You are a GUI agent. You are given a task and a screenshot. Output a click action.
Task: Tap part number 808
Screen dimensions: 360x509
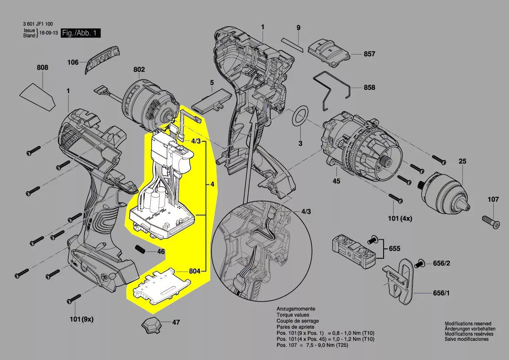click(x=43, y=68)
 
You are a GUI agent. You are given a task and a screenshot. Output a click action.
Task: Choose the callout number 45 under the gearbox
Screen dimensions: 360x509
click(x=337, y=181)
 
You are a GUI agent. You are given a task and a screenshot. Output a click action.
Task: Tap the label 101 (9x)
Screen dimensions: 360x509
click(x=81, y=319)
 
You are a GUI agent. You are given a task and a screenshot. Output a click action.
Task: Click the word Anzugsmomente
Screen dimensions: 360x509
click(x=296, y=309)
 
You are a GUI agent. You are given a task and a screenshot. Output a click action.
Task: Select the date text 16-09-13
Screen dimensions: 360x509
click(x=48, y=33)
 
